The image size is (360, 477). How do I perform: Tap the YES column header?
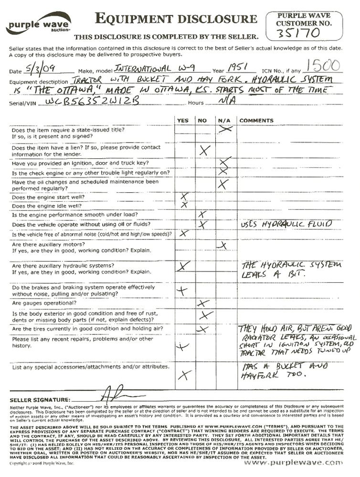tap(182, 121)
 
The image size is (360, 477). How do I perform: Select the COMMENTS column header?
tap(256, 121)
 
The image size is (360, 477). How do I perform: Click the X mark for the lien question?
tap(204, 151)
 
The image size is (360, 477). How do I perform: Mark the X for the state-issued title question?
tap(225, 128)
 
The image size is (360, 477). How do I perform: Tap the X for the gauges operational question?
tap(203, 303)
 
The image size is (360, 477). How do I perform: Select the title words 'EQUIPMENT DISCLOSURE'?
tap(176, 19)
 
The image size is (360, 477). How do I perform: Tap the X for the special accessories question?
tap(184, 374)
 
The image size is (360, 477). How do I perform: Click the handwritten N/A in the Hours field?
tap(224, 101)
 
